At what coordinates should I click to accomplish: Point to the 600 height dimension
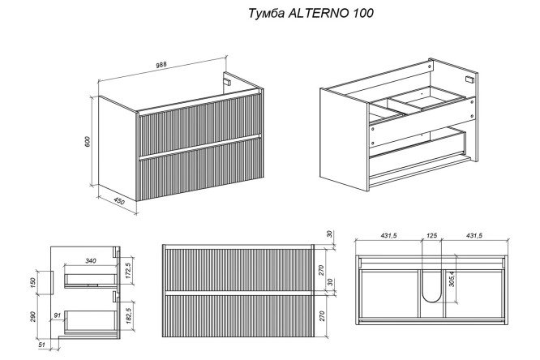click(x=86, y=140)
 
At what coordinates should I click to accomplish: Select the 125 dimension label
click(x=432, y=237)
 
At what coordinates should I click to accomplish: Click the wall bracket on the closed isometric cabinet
click(x=227, y=82)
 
